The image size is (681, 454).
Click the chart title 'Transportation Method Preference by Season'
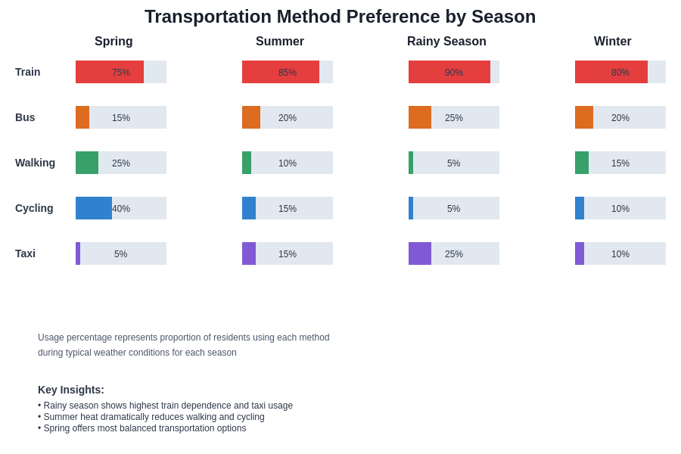coord(340,17)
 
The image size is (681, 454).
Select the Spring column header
coord(113,42)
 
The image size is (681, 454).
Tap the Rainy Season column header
coord(446,42)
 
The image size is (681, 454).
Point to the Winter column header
coord(612,42)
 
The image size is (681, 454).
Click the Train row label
coord(28,72)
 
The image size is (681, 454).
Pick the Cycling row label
coord(34,208)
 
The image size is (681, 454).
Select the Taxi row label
coord(25,253)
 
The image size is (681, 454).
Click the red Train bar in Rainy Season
coord(449,72)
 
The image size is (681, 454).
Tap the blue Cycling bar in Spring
coord(94,208)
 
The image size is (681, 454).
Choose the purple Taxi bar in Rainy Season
coord(420,253)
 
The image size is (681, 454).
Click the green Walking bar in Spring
coord(87,163)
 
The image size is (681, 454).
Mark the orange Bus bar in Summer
coord(251,117)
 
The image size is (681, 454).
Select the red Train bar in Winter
coord(611,72)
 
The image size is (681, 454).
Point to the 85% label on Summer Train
coord(288,73)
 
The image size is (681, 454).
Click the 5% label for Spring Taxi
coord(121,254)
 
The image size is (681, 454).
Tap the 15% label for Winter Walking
coord(620,163)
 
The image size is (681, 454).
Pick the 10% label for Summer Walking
coord(288,163)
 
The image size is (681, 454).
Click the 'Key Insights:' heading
coord(71,390)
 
